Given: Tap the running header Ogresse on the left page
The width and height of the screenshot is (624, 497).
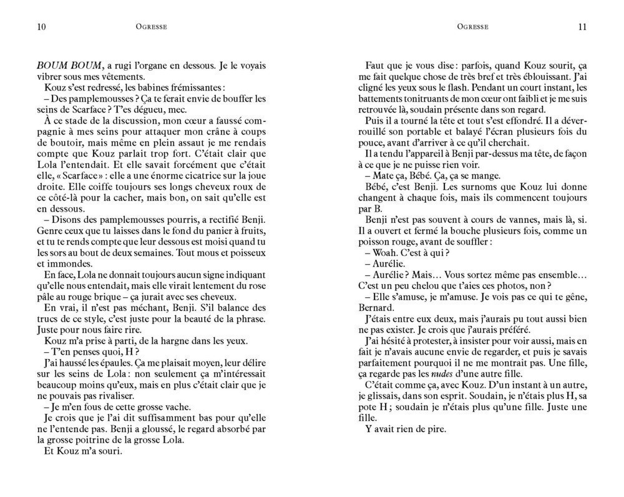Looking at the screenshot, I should coord(151,26).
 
